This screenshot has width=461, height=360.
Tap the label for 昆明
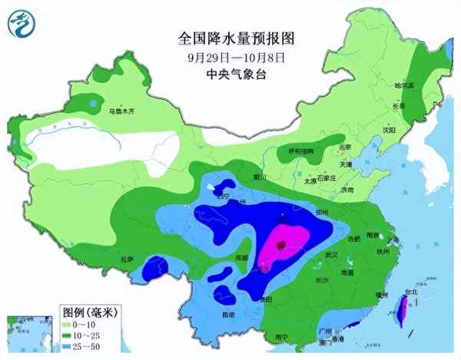[228, 315]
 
